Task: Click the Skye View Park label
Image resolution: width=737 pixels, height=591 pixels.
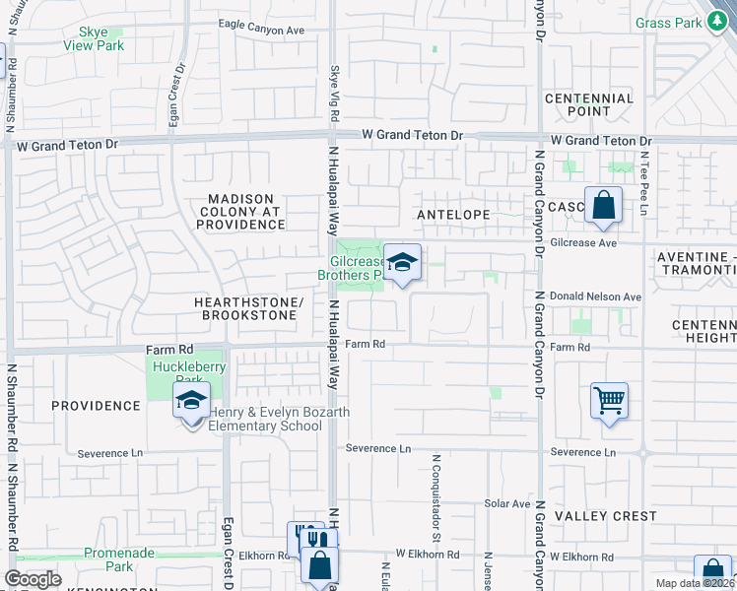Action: (x=94, y=38)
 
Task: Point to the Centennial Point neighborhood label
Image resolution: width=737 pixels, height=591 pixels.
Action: (x=589, y=104)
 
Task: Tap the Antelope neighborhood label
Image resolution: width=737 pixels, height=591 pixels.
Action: (x=453, y=213)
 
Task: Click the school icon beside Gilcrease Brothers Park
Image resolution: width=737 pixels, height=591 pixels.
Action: (x=402, y=263)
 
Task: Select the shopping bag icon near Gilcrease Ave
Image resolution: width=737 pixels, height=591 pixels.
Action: (x=603, y=207)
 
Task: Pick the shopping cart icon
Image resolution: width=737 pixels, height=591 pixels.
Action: (x=610, y=401)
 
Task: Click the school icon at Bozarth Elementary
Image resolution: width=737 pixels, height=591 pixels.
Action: (x=191, y=401)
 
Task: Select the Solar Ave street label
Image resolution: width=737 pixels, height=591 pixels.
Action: (x=507, y=503)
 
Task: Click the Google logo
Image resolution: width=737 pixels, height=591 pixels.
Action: (x=33, y=579)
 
